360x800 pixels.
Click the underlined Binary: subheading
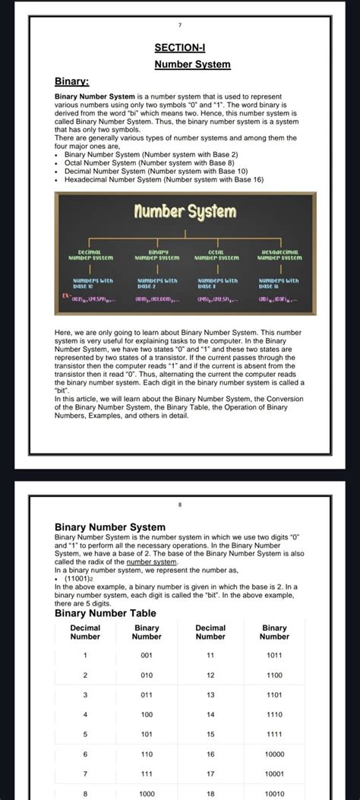coord(71,81)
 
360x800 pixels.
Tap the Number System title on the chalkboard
coord(185,211)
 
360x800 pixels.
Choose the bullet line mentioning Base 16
coord(163,180)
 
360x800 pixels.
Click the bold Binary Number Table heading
coord(106,613)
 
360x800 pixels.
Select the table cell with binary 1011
coord(274,655)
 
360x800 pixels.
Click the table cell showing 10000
coord(274,754)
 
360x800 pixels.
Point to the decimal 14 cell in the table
coord(210,714)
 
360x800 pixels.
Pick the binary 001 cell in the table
coord(147,655)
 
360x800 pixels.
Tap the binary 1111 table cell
coord(274,734)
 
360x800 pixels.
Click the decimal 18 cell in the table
coord(210,793)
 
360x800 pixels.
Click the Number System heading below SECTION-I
coord(192,65)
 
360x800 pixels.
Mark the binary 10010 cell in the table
coord(274,793)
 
